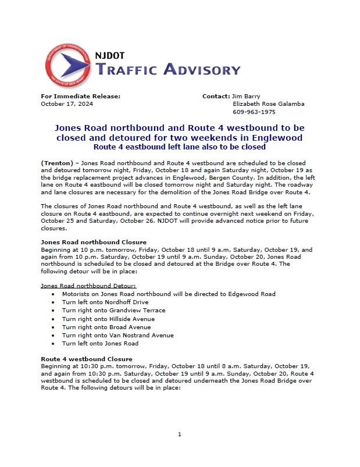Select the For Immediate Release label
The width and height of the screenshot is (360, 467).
click(80, 96)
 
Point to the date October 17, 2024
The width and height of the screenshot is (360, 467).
click(67, 104)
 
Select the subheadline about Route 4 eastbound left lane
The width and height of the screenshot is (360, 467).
click(180, 147)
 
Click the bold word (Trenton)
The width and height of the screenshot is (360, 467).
click(57, 161)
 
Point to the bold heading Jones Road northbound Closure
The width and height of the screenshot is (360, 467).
click(94, 241)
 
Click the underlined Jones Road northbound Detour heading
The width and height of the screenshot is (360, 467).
click(88, 286)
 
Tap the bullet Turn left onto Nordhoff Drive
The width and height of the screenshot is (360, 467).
click(105, 302)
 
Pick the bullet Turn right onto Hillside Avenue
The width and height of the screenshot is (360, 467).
click(108, 319)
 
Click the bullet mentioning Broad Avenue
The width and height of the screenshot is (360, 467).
click(106, 327)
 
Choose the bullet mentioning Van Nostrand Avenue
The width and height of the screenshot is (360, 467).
click(117, 335)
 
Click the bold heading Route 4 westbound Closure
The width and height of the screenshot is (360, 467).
click(87, 359)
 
